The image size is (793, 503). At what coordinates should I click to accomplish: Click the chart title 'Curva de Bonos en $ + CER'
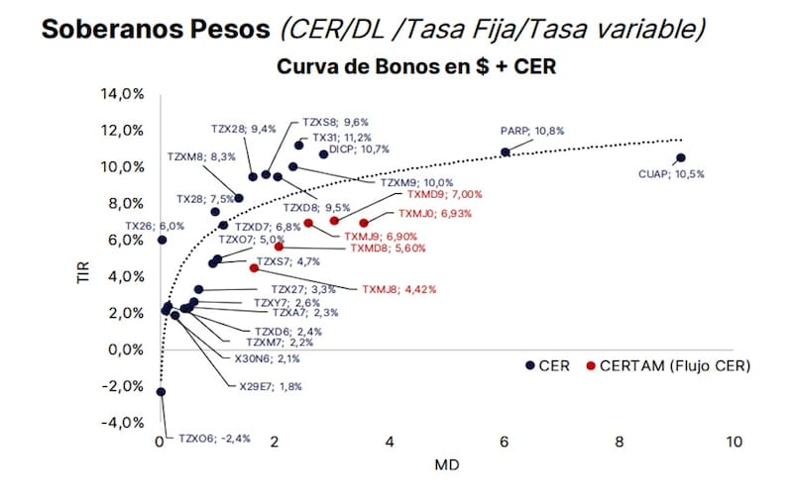pyautogui.click(x=416, y=66)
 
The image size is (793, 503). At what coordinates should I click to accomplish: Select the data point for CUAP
pyautogui.click(x=681, y=158)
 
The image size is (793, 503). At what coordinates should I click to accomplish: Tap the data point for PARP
pyautogui.click(x=506, y=152)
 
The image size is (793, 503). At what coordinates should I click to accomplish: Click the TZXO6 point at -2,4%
pyautogui.click(x=161, y=392)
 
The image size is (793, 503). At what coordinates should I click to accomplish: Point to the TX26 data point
pyautogui.click(x=162, y=240)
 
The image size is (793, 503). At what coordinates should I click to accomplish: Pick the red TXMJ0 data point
pyautogui.click(x=364, y=223)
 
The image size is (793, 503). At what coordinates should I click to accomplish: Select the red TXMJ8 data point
pyautogui.click(x=254, y=268)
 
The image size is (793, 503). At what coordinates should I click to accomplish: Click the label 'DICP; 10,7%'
pyautogui.click(x=359, y=150)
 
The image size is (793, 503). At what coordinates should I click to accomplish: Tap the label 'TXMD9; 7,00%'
pyautogui.click(x=444, y=194)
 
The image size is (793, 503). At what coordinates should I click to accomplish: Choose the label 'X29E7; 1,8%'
pyautogui.click(x=271, y=387)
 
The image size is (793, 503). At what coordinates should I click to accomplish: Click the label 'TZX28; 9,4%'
pyautogui.click(x=244, y=130)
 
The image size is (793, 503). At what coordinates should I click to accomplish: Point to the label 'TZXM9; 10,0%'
pyautogui.click(x=416, y=183)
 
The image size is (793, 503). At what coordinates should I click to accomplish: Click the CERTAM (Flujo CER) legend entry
pyautogui.click(x=668, y=365)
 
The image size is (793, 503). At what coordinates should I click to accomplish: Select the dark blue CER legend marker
pyautogui.click(x=530, y=365)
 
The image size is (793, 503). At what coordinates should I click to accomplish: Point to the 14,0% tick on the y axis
pyautogui.click(x=122, y=94)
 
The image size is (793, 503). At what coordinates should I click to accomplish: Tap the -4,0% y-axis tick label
pyautogui.click(x=122, y=423)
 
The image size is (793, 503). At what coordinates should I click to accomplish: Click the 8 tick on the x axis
pyautogui.click(x=619, y=442)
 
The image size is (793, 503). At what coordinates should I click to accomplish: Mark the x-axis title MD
pyautogui.click(x=447, y=465)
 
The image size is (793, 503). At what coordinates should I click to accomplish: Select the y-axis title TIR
pyautogui.click(x=83, y=272)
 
